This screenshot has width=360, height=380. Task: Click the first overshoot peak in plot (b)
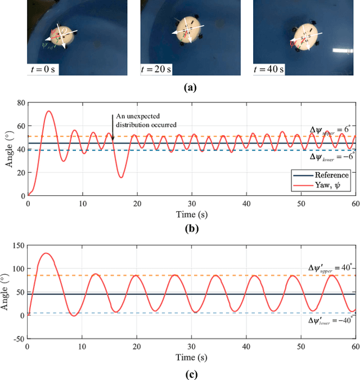[48, 111]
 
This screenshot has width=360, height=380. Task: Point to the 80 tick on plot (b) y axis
[20, 102]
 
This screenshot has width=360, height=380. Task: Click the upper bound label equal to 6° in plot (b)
[332, 129]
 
